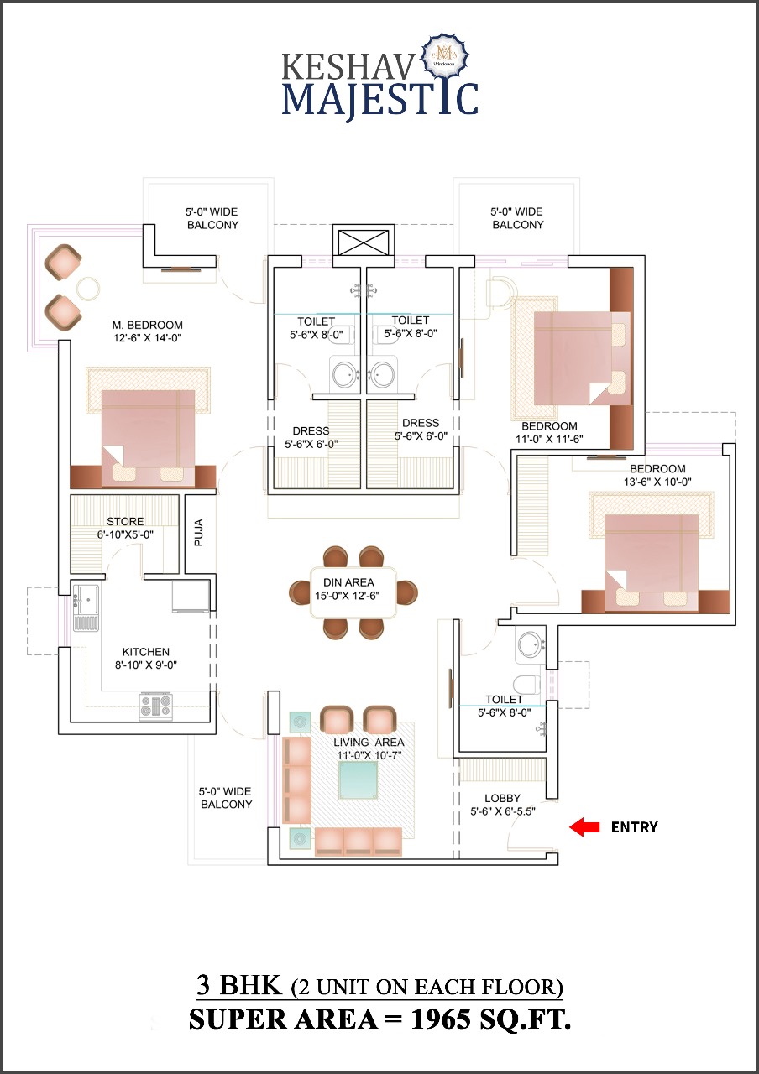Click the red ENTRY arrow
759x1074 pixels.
tap(584, 827)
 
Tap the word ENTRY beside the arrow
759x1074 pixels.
tap(634, 827)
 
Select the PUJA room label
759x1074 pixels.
tap(199, 534)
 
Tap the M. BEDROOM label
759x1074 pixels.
tap(147, 325)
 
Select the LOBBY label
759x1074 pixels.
tap(502, 798)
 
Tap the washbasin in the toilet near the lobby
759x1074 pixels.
tap(531, 645)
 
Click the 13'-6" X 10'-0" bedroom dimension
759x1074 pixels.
tap(657, 482)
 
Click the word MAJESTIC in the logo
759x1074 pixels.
tap(379, 97)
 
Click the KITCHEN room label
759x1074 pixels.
tap(145, 652)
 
